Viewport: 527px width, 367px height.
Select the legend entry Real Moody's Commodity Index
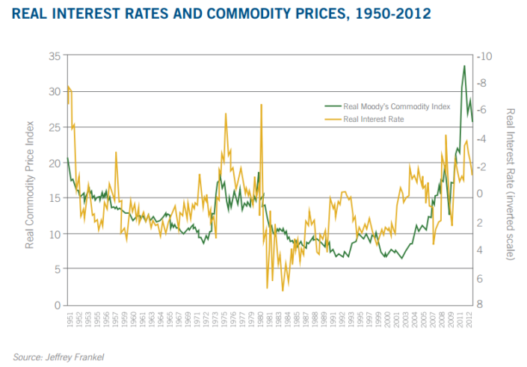[397, 107]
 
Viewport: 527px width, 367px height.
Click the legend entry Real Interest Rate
[373, 118]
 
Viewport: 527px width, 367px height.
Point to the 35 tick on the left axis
[54, 56]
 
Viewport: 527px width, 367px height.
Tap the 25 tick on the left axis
[54, 127]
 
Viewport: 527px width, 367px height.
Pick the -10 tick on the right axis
[485, 56]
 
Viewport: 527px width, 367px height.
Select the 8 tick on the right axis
[483, 305]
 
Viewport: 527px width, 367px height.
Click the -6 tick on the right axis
[485, 110]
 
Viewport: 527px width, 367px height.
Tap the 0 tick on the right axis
[483, 194]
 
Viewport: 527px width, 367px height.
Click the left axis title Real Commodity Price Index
[30, 179]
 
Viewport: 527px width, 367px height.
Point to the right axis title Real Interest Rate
[510, 183]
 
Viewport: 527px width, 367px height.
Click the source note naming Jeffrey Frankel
[59, 357]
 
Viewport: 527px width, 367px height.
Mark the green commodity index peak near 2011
[464, 66]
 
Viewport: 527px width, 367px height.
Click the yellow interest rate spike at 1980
[261, 105]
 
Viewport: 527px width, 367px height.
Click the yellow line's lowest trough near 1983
[283, 290]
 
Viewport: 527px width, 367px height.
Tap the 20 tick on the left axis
[54, 163]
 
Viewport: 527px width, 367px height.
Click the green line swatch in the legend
[331, 107]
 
